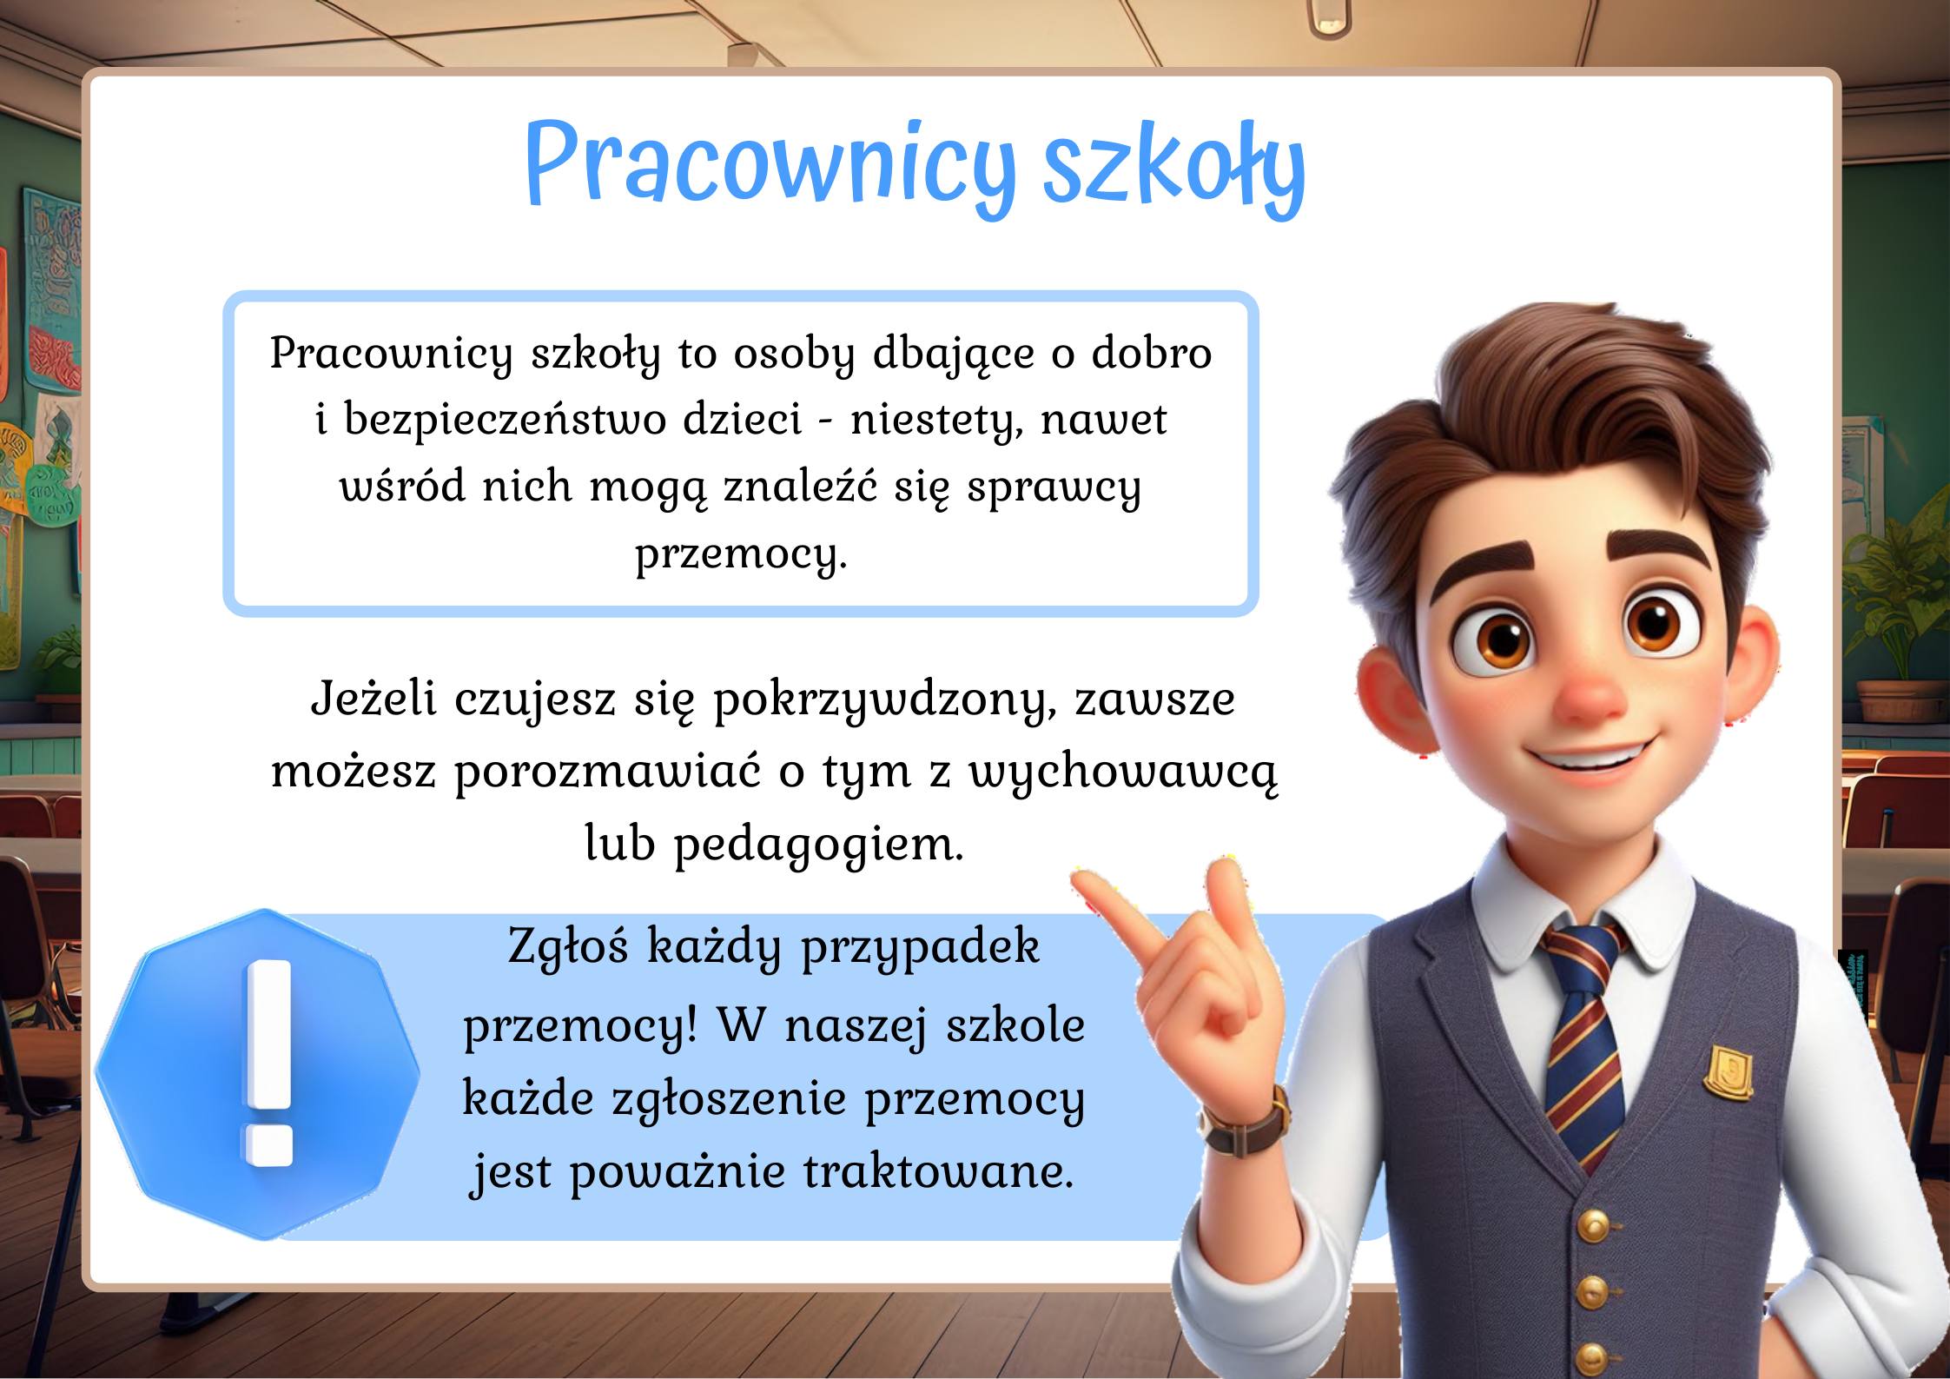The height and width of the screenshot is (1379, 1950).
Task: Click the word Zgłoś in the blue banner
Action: tap(567, 946)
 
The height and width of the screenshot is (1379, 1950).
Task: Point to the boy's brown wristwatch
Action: tap(1247, 1122)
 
